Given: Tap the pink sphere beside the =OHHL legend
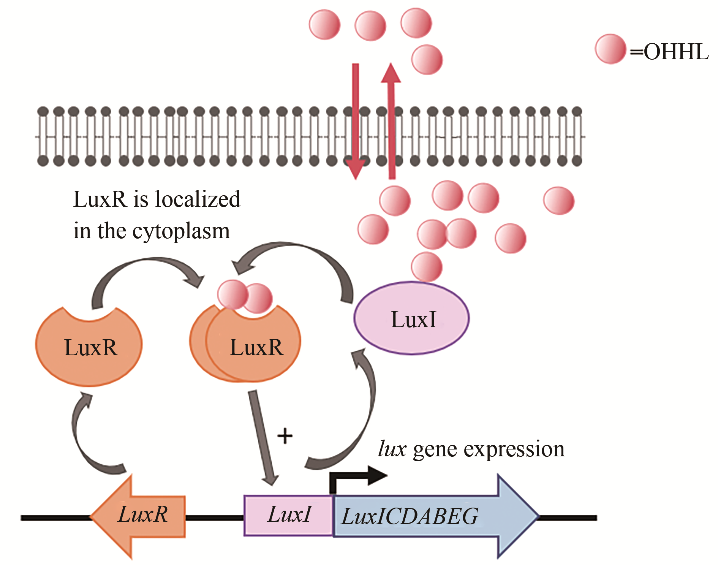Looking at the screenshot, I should [x=610, y=49].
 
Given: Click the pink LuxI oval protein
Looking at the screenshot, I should [x=412, y=318].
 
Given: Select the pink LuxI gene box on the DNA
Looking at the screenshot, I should [x=289, y=516].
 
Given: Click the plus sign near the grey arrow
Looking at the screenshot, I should [x=285, y=436].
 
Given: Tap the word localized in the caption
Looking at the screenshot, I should [x=198, y=199].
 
